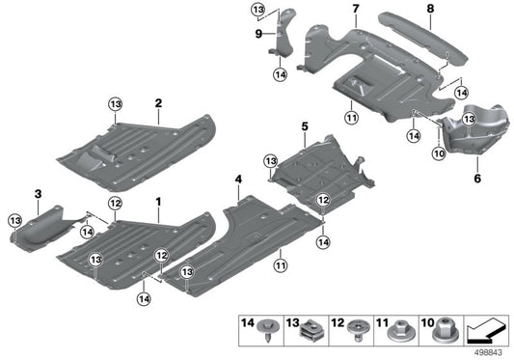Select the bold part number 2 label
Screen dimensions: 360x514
click(x=157, y=100)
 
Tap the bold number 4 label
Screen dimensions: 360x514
click(x=237, y=180)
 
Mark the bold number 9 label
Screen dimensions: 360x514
click(x=258, y=33)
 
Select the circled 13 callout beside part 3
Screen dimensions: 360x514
click(x=14, y=221)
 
